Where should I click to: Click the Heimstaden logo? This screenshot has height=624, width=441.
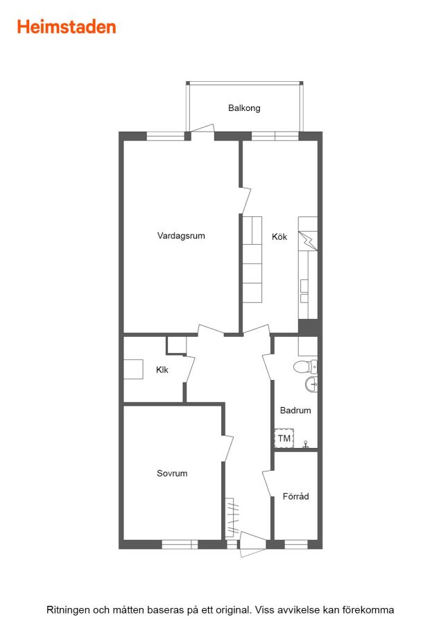67,27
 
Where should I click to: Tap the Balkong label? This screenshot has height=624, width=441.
244,108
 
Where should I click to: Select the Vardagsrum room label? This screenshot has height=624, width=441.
181,236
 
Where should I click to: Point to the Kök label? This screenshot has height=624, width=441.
279,236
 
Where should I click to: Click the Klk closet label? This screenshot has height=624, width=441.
162,370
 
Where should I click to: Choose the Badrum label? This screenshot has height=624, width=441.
295,410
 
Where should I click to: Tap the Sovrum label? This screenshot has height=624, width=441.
172,473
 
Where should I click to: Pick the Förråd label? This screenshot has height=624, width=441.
295,496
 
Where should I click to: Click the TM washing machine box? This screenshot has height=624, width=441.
284,438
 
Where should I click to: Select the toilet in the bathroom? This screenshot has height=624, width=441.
305,367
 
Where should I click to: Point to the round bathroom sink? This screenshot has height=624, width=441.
311,384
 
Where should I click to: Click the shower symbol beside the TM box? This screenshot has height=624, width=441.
306,444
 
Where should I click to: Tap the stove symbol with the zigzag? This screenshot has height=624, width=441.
308,241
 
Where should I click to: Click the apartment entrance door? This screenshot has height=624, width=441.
252,544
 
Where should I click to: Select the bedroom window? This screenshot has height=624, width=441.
180,544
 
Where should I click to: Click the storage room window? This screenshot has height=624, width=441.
296,544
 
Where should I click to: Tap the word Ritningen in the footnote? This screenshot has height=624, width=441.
68,610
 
